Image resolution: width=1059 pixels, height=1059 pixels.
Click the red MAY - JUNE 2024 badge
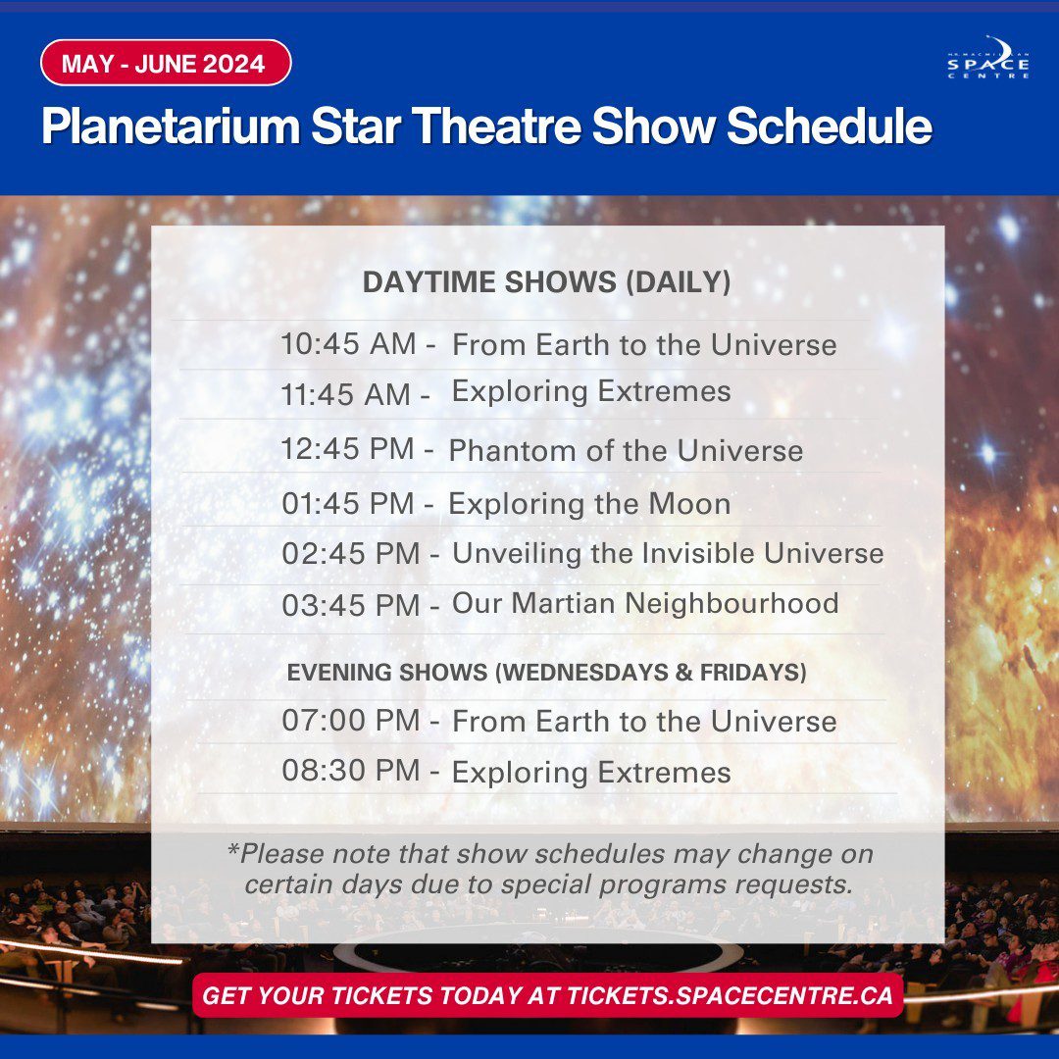click(166, 63)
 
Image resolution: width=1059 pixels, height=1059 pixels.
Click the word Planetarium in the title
click(171, 126)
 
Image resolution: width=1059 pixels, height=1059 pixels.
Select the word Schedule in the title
click(830, 126)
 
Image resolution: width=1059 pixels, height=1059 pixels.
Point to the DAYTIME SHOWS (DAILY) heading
click(546, 281)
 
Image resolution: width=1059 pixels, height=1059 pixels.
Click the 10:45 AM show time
click(348, 344)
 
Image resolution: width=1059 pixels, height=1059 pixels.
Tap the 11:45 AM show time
click(346, 394)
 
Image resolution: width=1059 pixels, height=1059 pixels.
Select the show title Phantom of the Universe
click(626, 450)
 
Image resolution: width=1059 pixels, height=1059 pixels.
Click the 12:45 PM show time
click(348, 449)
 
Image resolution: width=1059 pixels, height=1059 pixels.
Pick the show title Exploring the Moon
click(589, 504)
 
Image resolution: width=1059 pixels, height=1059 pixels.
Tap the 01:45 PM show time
click(348, 504)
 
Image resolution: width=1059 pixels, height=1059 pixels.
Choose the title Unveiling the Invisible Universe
click(668, 553)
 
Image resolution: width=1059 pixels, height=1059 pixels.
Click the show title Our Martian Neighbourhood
click(645, 603)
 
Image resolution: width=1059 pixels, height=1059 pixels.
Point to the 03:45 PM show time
click(351, 605)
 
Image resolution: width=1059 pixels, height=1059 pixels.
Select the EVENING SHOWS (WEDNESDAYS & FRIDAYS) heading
click(547, 673)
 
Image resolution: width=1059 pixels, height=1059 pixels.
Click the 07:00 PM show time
click(351, 721)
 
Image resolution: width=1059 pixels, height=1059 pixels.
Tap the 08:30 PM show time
click(351, 771)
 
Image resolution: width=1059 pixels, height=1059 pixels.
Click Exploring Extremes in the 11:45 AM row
click(591, 392)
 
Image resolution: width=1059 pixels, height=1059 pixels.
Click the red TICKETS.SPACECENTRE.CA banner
click(548, 995)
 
